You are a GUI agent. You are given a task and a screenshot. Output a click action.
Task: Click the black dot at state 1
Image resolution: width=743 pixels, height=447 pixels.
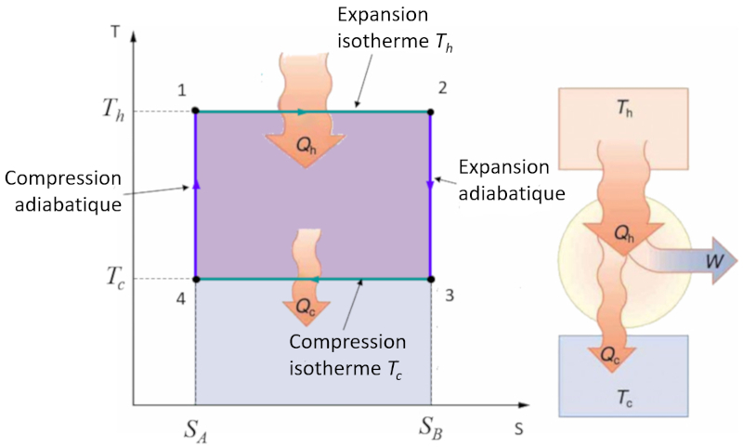[195, 112]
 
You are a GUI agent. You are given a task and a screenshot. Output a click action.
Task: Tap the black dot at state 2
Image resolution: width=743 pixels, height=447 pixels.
[430, 112]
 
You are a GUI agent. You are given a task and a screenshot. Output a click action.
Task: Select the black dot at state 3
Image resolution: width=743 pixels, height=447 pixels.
[430, 278]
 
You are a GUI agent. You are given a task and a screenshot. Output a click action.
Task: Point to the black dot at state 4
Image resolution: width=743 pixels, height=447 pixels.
[195, 278]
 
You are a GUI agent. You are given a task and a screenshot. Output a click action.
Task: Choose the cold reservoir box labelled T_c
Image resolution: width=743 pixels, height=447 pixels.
[623, 375]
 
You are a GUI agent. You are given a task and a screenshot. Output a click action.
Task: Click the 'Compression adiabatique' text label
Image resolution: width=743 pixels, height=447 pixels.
[63, 191]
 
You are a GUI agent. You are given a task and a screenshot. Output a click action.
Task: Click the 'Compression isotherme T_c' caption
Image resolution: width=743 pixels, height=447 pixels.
[347, 354]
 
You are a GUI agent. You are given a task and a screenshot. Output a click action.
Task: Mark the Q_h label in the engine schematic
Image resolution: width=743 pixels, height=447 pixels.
[624, 236]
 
